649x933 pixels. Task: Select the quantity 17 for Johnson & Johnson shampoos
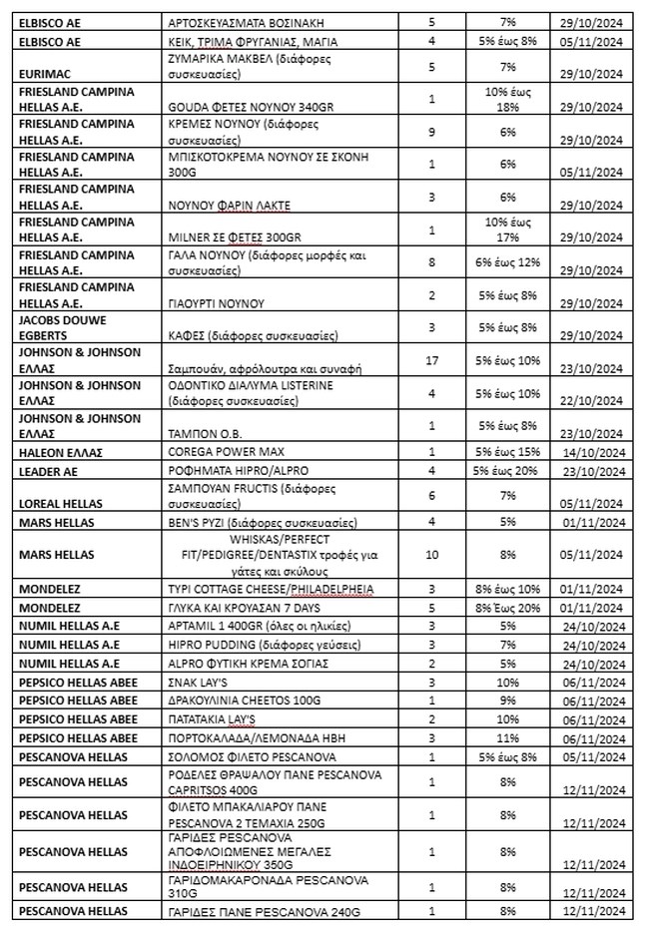point(431,360)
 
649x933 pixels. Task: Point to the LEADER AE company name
point(47,469)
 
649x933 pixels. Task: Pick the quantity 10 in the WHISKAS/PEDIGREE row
point(431,555)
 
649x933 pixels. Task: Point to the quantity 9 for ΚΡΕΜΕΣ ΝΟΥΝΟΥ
point(431,132)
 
